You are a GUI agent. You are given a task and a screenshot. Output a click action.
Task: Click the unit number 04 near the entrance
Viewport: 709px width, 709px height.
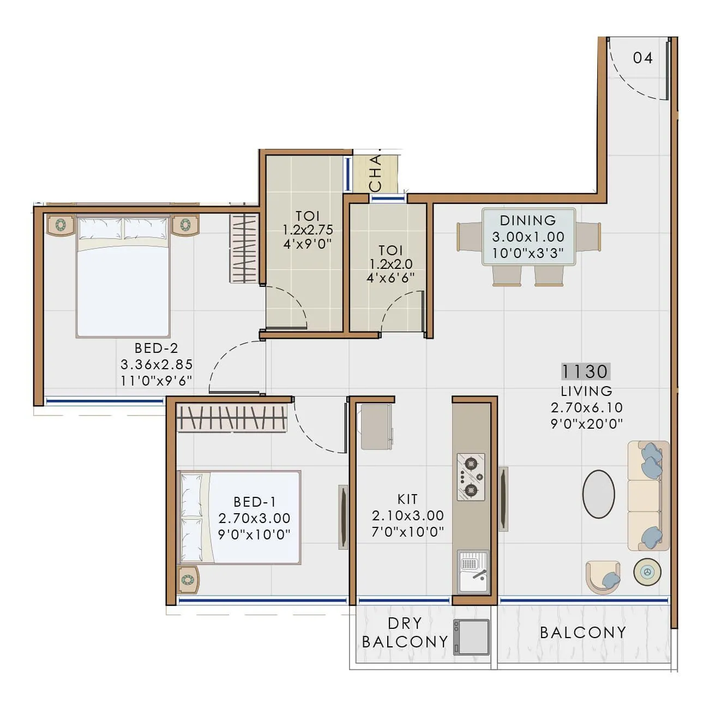pyautogui.click(x=642, y=57)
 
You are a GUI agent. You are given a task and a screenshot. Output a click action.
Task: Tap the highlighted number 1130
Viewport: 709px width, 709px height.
pyautogui.click(x=585, y=371)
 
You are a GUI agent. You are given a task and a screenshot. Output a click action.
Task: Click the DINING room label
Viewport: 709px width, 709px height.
pyautogui.click(x=528, y=220)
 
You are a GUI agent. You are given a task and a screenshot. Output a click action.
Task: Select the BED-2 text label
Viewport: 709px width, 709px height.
pyautogui.click(x=157, y=348)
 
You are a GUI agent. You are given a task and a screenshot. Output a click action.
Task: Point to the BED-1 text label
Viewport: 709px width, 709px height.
pyautogui.click(x=255, y=502)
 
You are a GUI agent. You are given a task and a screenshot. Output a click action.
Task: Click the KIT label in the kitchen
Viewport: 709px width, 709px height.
pyautogui.click(x=408, y=499)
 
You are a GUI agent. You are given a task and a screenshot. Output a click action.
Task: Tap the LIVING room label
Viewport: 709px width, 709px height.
pyautogui.click(x=586, y=391)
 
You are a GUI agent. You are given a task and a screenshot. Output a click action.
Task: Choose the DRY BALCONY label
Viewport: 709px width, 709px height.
pyautogui.click(x=405, y=633)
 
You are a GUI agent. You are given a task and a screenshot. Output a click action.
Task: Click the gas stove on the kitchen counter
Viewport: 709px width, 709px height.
pyautogui.click(x=471, y=477)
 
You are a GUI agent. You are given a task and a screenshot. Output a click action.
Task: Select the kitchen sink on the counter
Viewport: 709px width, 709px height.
pyautogui.click(x=473, y=571)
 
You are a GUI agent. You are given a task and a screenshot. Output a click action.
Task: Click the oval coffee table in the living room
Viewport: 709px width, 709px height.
pyautogui.click(x=598, y=494)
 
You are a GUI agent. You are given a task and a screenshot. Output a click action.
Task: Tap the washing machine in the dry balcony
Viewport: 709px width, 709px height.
pyautogui.click(x=471, y=637)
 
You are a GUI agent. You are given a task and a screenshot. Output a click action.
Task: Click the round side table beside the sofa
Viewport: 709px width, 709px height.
pyautogui.click(x=647, y=572)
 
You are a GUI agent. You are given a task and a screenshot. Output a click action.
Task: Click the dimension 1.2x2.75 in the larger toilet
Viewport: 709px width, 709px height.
pyautogui.click(x=308, y=230)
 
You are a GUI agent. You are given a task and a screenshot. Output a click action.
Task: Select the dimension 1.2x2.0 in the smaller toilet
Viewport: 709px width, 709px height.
pyautogui.click(x=390, y=264)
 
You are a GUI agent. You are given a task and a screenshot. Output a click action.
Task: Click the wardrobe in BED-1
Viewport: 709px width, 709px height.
pyautogui.click(x=232, y=418)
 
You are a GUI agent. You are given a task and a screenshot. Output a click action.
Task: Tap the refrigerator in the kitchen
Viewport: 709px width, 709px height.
pyautogui.click(x=375, y=427)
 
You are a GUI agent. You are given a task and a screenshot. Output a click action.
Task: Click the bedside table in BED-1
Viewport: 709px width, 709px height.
pyautogui.click(x=188, y=579)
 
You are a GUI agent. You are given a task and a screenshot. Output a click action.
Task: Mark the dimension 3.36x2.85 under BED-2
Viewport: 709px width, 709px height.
pyautogui.click(x=157, y=364)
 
